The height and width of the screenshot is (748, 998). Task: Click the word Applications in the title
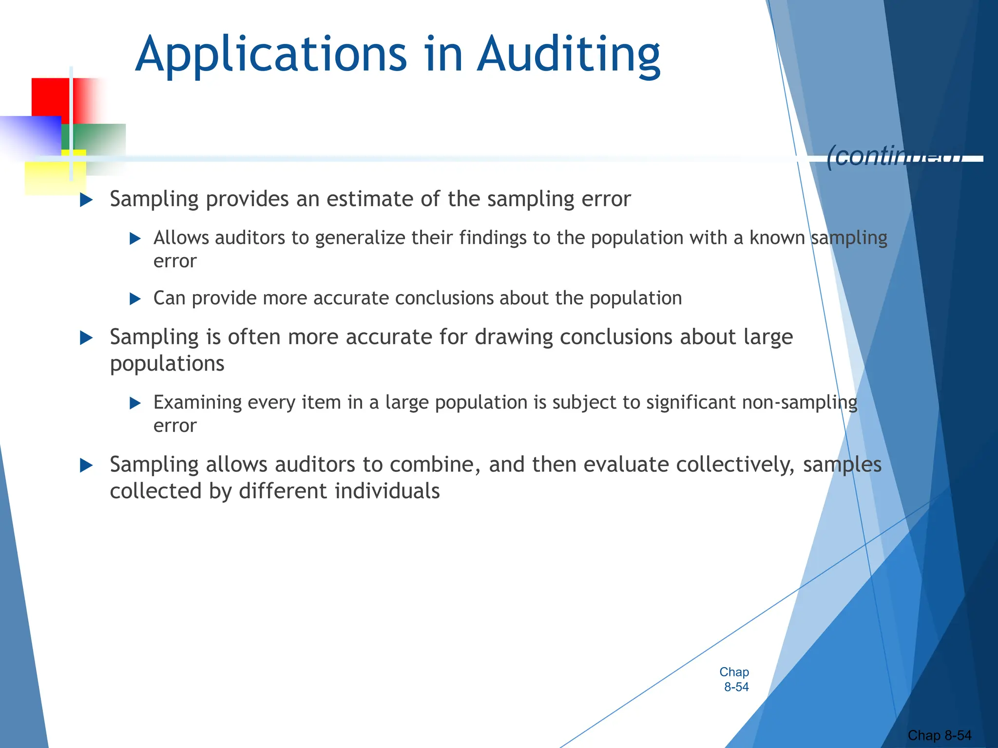[271, 55]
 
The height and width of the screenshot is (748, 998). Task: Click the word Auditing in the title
[568, 55]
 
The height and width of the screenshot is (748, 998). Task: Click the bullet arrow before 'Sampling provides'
[86, 200]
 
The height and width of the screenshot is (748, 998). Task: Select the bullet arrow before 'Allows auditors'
[135, 239]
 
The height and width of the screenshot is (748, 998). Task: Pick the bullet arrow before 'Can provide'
[135, 299]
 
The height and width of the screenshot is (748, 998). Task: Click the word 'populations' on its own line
[167, 364]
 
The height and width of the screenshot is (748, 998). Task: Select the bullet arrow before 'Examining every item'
[135, 403]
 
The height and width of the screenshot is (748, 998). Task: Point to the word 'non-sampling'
[799, 403]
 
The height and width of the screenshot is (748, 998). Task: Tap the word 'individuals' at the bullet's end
[387, 491]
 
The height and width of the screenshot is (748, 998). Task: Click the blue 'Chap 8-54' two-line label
[735, 679]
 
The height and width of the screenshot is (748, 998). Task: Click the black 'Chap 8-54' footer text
[939, 735]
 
